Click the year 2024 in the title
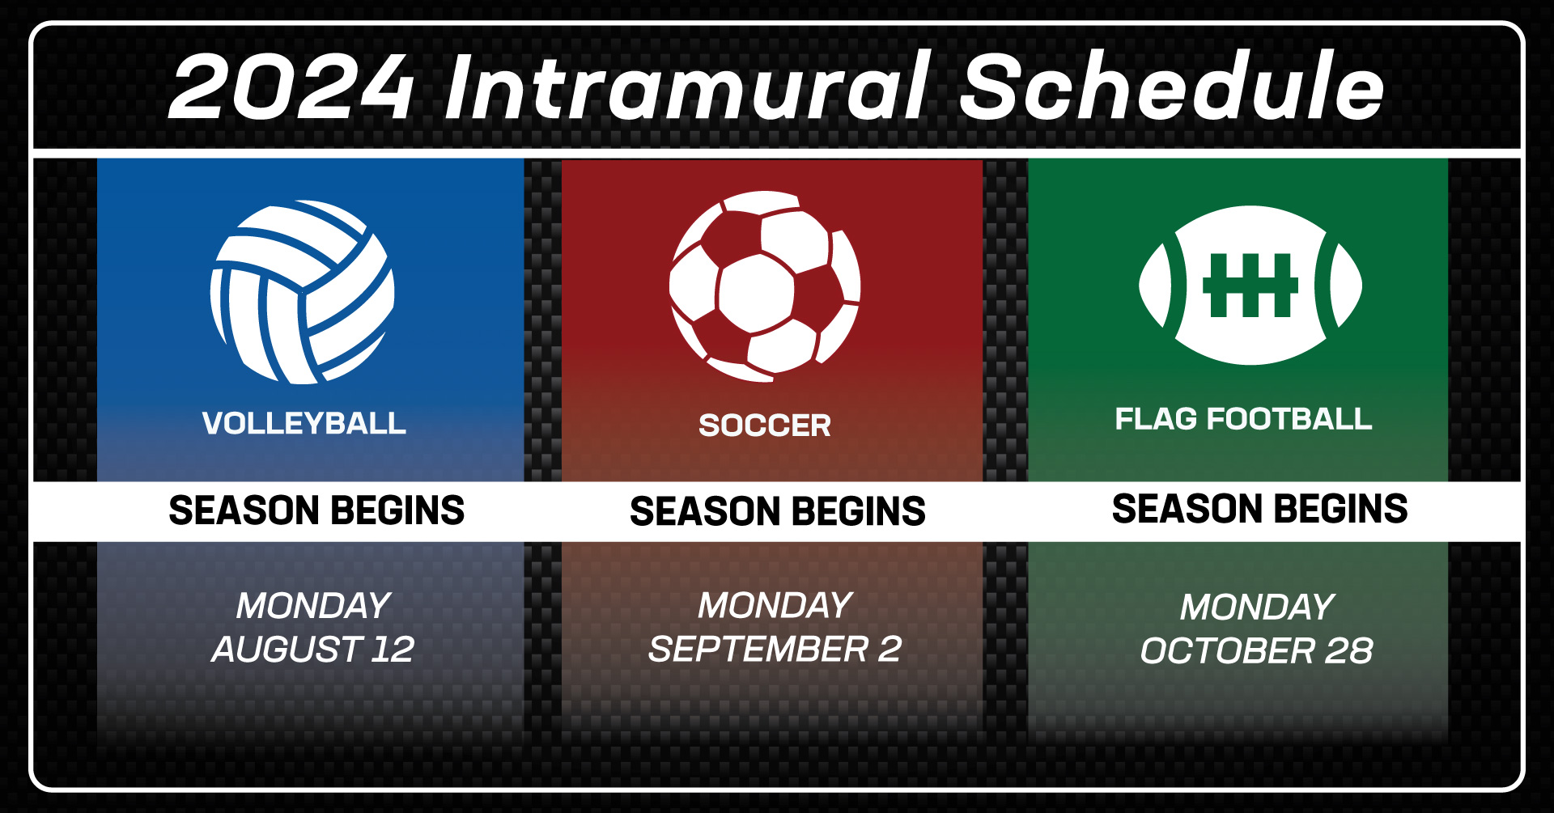(291, 87)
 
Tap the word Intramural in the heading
(687, 85)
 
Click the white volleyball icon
(303, 292)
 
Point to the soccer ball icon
(765, 286)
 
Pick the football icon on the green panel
(1250, 286)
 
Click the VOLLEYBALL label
(304, 423)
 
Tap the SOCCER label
(765, 426)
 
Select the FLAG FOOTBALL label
(1243, 419)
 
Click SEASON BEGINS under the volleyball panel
(316, 510)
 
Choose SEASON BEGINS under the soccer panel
(778, 511)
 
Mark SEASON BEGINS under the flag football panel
(1259, 509)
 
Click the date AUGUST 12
(313, 649)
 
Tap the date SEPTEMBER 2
(775, 649)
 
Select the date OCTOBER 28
(1256, 651)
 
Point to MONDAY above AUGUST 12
(313, 606)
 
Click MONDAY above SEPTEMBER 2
(775, 605)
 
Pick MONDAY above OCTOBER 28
(1256, 608)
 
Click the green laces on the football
(1250, 286)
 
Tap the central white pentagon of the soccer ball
(756, 294)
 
